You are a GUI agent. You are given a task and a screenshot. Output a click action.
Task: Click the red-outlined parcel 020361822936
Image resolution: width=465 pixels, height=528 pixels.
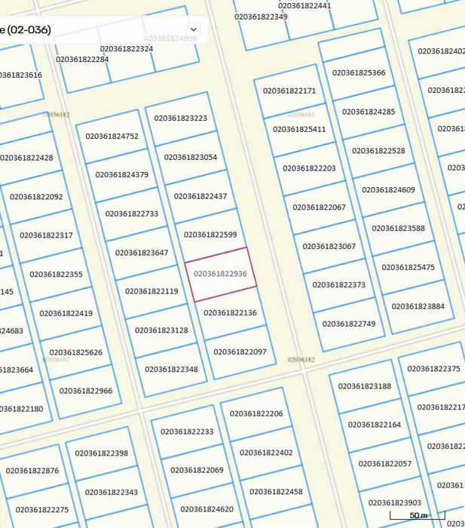pos(220,274)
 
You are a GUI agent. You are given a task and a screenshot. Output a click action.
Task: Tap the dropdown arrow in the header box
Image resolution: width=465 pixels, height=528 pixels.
pos(194,29)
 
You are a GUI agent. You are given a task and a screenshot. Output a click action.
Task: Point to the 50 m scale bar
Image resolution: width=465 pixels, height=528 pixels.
pos(418,516)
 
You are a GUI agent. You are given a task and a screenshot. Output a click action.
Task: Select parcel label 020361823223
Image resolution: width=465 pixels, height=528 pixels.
pos(180,118)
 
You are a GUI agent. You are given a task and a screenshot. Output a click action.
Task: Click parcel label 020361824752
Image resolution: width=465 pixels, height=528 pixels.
pos(112,137)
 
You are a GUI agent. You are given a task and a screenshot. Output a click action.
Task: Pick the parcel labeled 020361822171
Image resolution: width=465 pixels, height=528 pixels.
pos(289,91)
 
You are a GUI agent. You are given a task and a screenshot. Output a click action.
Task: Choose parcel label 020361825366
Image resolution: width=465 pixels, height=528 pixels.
pos(359,73)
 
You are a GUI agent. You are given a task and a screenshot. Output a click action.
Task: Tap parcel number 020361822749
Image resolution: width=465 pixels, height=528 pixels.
pos(349,324)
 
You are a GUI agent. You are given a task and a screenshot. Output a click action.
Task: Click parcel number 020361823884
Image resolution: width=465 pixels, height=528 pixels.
pos(418,306)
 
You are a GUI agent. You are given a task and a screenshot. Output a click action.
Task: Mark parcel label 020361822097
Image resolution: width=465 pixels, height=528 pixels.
pos(240,351)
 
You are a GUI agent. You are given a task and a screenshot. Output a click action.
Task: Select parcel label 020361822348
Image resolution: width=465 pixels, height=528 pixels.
pos(171,369)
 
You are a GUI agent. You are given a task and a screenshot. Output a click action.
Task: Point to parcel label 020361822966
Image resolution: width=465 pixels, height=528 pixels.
pos(86,391)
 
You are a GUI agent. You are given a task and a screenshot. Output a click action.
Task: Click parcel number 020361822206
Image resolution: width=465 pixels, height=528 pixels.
pos(256,414)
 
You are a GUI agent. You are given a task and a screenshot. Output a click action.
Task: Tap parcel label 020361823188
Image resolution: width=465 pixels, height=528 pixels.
pos(365,386)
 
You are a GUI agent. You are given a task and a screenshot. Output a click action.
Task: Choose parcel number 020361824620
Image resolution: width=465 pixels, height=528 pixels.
pos(206,509)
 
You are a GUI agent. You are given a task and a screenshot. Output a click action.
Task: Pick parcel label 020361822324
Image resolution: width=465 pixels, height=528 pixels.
pos(126,49)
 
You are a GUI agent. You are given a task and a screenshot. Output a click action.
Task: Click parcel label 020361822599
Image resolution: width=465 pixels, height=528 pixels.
pos(210,235)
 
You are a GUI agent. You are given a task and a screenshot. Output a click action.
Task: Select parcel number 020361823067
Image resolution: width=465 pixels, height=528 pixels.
pos(329,246)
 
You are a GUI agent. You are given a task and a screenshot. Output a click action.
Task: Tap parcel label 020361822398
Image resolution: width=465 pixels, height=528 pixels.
pos(102,453)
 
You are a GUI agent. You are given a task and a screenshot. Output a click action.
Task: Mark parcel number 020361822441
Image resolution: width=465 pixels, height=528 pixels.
pos(304,6)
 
